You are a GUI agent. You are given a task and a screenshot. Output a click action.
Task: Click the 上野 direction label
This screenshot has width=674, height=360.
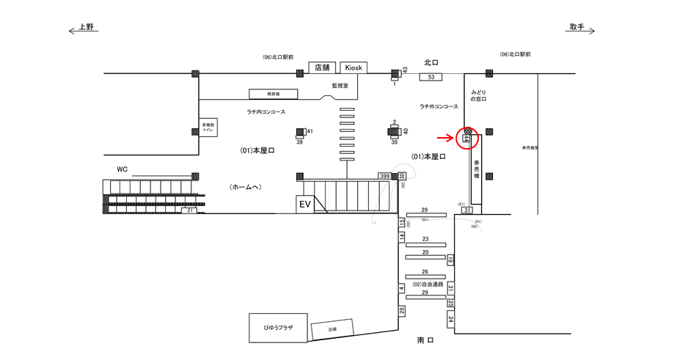coord(87,27)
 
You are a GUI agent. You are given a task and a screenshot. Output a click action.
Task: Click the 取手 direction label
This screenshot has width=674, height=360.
coord(576,27)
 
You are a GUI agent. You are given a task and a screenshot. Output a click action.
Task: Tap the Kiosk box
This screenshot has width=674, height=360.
coord(354,67)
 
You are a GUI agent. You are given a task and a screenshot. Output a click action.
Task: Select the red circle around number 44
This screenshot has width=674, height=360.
coord(467,137)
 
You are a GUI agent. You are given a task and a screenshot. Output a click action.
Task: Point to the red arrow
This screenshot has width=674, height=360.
coord(446,137)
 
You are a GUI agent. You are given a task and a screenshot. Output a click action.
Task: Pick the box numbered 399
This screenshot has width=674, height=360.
coord(384,176)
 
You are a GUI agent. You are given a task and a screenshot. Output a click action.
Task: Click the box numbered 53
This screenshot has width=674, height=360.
coord(431,77)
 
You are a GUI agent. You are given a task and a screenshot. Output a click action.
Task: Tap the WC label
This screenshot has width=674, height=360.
coord(122,169)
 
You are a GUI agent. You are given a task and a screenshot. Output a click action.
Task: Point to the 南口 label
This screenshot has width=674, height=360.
coord(425,340)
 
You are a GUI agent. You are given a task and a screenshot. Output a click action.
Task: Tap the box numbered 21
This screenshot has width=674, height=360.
coord(190,210)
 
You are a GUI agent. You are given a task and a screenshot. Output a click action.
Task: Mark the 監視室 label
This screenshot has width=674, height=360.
coord(340,86)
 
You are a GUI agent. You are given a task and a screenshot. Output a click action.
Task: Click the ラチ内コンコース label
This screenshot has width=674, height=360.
coord(265,111)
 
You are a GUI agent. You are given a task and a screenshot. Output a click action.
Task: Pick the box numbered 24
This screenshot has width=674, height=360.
coord(450,319)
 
